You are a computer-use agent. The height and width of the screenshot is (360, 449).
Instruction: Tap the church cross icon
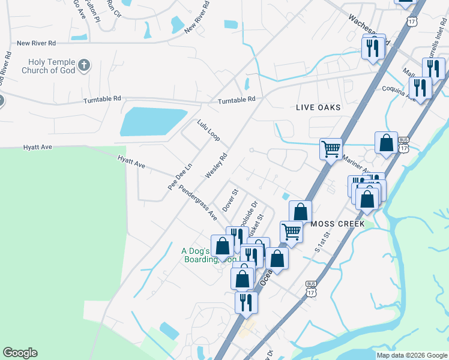(85, 64)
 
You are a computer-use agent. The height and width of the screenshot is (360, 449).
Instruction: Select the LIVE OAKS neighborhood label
(318, 107)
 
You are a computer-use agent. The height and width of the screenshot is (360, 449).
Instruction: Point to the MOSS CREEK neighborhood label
(338, 223)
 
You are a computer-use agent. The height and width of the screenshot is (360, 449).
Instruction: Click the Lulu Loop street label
(208, 130)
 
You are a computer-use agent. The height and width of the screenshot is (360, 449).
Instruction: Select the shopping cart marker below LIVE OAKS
(331, 148)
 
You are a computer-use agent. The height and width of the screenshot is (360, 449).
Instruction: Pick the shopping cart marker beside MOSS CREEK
(291, 230)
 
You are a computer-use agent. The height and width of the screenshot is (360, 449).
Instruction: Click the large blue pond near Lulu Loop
(152, 122)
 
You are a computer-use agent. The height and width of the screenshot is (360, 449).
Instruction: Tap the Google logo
(20, 353)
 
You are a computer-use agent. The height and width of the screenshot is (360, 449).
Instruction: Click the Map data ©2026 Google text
(411, 355)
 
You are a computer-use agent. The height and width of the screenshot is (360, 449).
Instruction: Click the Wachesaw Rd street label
(367, 29)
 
